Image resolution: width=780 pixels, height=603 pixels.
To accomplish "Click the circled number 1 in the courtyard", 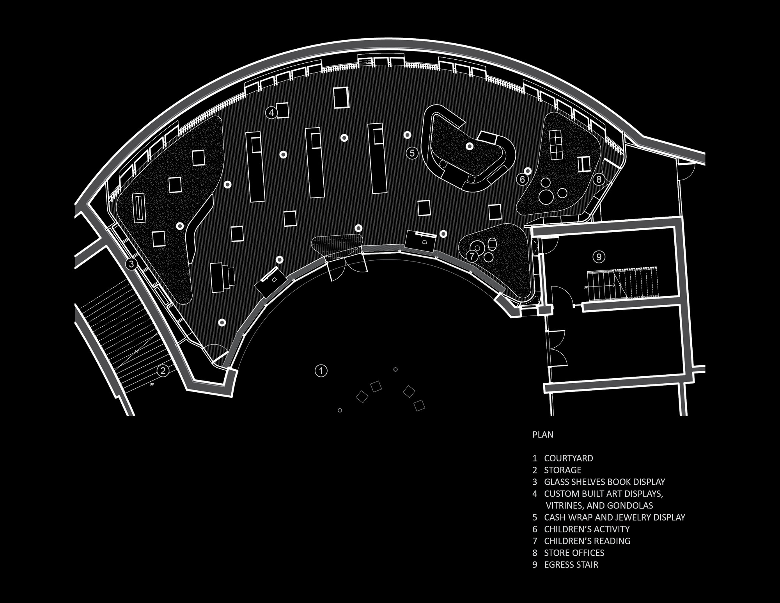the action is [x=321, y=371].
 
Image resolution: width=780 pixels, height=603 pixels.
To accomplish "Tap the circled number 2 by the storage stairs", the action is [x=163, y=370].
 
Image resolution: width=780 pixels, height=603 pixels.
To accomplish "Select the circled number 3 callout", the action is [x=131, y=264].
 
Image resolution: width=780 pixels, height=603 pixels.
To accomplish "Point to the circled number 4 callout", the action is [x=271, y=113].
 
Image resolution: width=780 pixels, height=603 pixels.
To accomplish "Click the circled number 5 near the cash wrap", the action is [x=412, y=153].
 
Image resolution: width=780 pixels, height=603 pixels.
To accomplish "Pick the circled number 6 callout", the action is [x=522, y=180].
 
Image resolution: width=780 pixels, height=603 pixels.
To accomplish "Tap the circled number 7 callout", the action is [x=472, y=256].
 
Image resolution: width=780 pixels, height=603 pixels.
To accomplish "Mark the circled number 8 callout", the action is [x=599, y=180].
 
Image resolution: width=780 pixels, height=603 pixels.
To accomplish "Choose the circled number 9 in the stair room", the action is [x=599, y=257].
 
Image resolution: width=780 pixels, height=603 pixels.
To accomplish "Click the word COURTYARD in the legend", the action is [x=569, y=458].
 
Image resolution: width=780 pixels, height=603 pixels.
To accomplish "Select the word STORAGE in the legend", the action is [x=563, y=470].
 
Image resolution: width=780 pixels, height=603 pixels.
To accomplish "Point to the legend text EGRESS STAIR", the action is [x=571, y=564].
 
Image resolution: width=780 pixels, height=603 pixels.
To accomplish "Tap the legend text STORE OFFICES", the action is [x=574, y=553].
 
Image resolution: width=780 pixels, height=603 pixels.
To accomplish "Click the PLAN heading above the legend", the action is [x=543, y=434].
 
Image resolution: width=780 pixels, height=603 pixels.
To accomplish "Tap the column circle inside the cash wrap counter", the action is [x=470, y=146].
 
